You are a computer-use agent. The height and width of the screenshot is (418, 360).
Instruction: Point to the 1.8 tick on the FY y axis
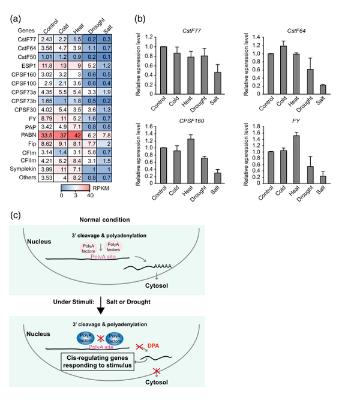[x=265, y=126]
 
